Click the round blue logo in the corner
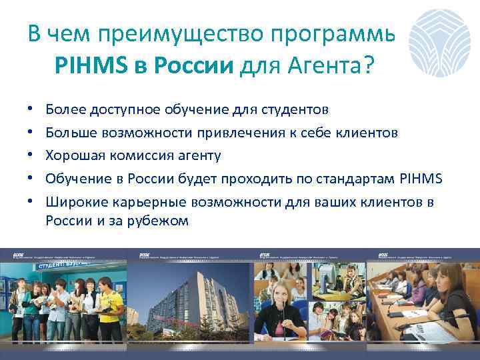tap(441, 42)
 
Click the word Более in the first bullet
tap(63, 109)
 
